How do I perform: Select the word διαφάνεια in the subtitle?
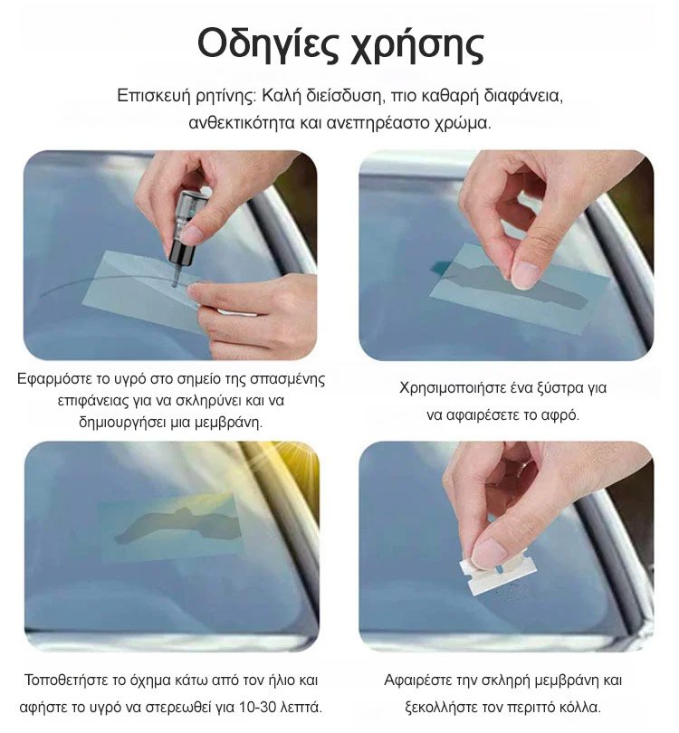(x=522, y=95)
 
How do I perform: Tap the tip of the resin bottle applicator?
(x=175, y=284)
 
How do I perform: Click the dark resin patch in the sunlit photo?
(x=178, y=525)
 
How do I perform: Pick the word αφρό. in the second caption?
(x=559, y=414)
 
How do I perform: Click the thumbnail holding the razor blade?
(x=507, y=546)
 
